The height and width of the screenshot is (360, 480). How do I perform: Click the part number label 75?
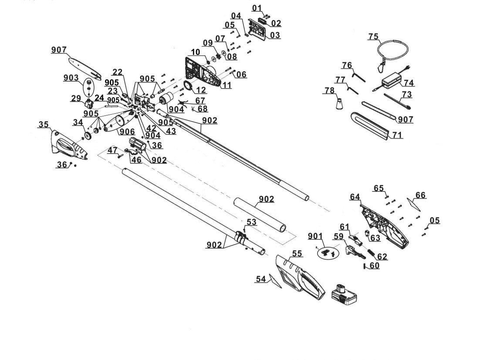[x=373, y=37]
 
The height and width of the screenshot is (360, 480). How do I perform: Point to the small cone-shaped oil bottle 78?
[x=340, y=103]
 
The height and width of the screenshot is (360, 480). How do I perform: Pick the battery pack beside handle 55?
[x=345, y=294]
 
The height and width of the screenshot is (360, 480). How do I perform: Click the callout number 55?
[x=297, y=253]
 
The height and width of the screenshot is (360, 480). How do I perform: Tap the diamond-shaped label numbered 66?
[x=413, y=204]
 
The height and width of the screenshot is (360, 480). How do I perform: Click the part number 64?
[x=355, y=197]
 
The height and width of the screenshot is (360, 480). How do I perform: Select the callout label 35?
[x=44, y=124]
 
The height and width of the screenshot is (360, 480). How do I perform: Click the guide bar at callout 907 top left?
[x=85, y=68]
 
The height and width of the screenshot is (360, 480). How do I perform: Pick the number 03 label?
[x=275, y=35]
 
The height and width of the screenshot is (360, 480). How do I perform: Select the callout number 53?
[x=251, y=222]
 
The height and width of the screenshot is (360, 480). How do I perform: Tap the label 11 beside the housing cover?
[x=226, y=85]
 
